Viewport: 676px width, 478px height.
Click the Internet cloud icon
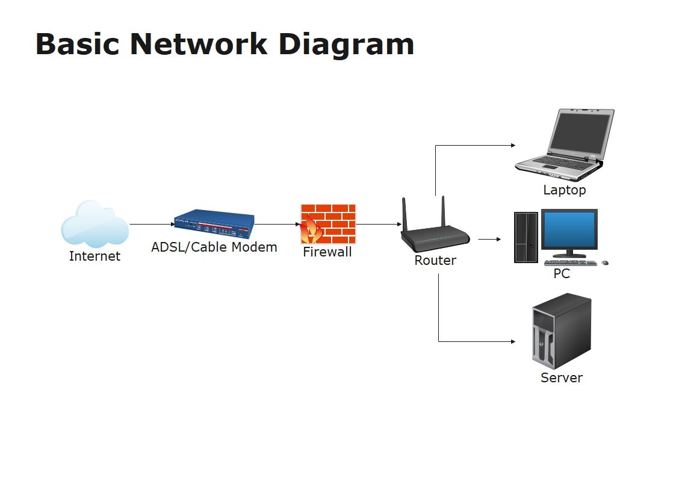95,224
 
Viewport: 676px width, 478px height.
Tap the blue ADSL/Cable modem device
214,224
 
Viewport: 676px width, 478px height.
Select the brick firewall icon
328,224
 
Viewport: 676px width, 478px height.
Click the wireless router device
435,228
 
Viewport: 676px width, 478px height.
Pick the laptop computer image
565,145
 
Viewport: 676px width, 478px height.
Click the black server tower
561,331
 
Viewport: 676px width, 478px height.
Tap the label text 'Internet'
95,256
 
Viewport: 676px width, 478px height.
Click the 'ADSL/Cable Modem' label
214,247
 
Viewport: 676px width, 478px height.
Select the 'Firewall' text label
327,252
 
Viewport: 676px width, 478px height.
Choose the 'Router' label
435,260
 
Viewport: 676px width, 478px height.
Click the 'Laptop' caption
565,190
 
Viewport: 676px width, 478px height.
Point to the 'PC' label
562,273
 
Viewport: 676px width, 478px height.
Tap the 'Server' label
561,377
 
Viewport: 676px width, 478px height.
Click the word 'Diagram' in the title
346,45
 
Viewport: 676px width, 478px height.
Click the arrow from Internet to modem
152,224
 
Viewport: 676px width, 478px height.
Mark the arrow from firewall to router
379,224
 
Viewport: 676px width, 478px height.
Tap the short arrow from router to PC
490,239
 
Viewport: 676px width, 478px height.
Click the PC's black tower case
526,237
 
